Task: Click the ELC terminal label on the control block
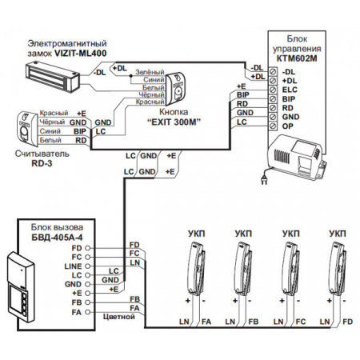(x=290, y=90)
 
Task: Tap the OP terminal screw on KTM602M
(x=273, y=126)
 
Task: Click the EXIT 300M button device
(x=175, y=90)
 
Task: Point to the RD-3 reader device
(x=26, y=129)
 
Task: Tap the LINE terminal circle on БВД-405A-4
(x=88, y=266)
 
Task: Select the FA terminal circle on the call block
(x=88, y=312)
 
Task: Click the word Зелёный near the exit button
(x=150, y=72)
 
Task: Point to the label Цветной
(x=119, y=317)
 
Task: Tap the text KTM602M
(x=297, y=58)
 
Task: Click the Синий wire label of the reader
(x=50, y=131)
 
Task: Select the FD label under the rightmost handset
(x=348, y=322)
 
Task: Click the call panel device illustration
(x=21, y=286)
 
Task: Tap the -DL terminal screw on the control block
(x=273, y=71)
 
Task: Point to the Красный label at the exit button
(x=150, y=102)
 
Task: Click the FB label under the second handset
(x=254, y=322)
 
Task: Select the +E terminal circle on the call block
(x=88, y=293)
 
